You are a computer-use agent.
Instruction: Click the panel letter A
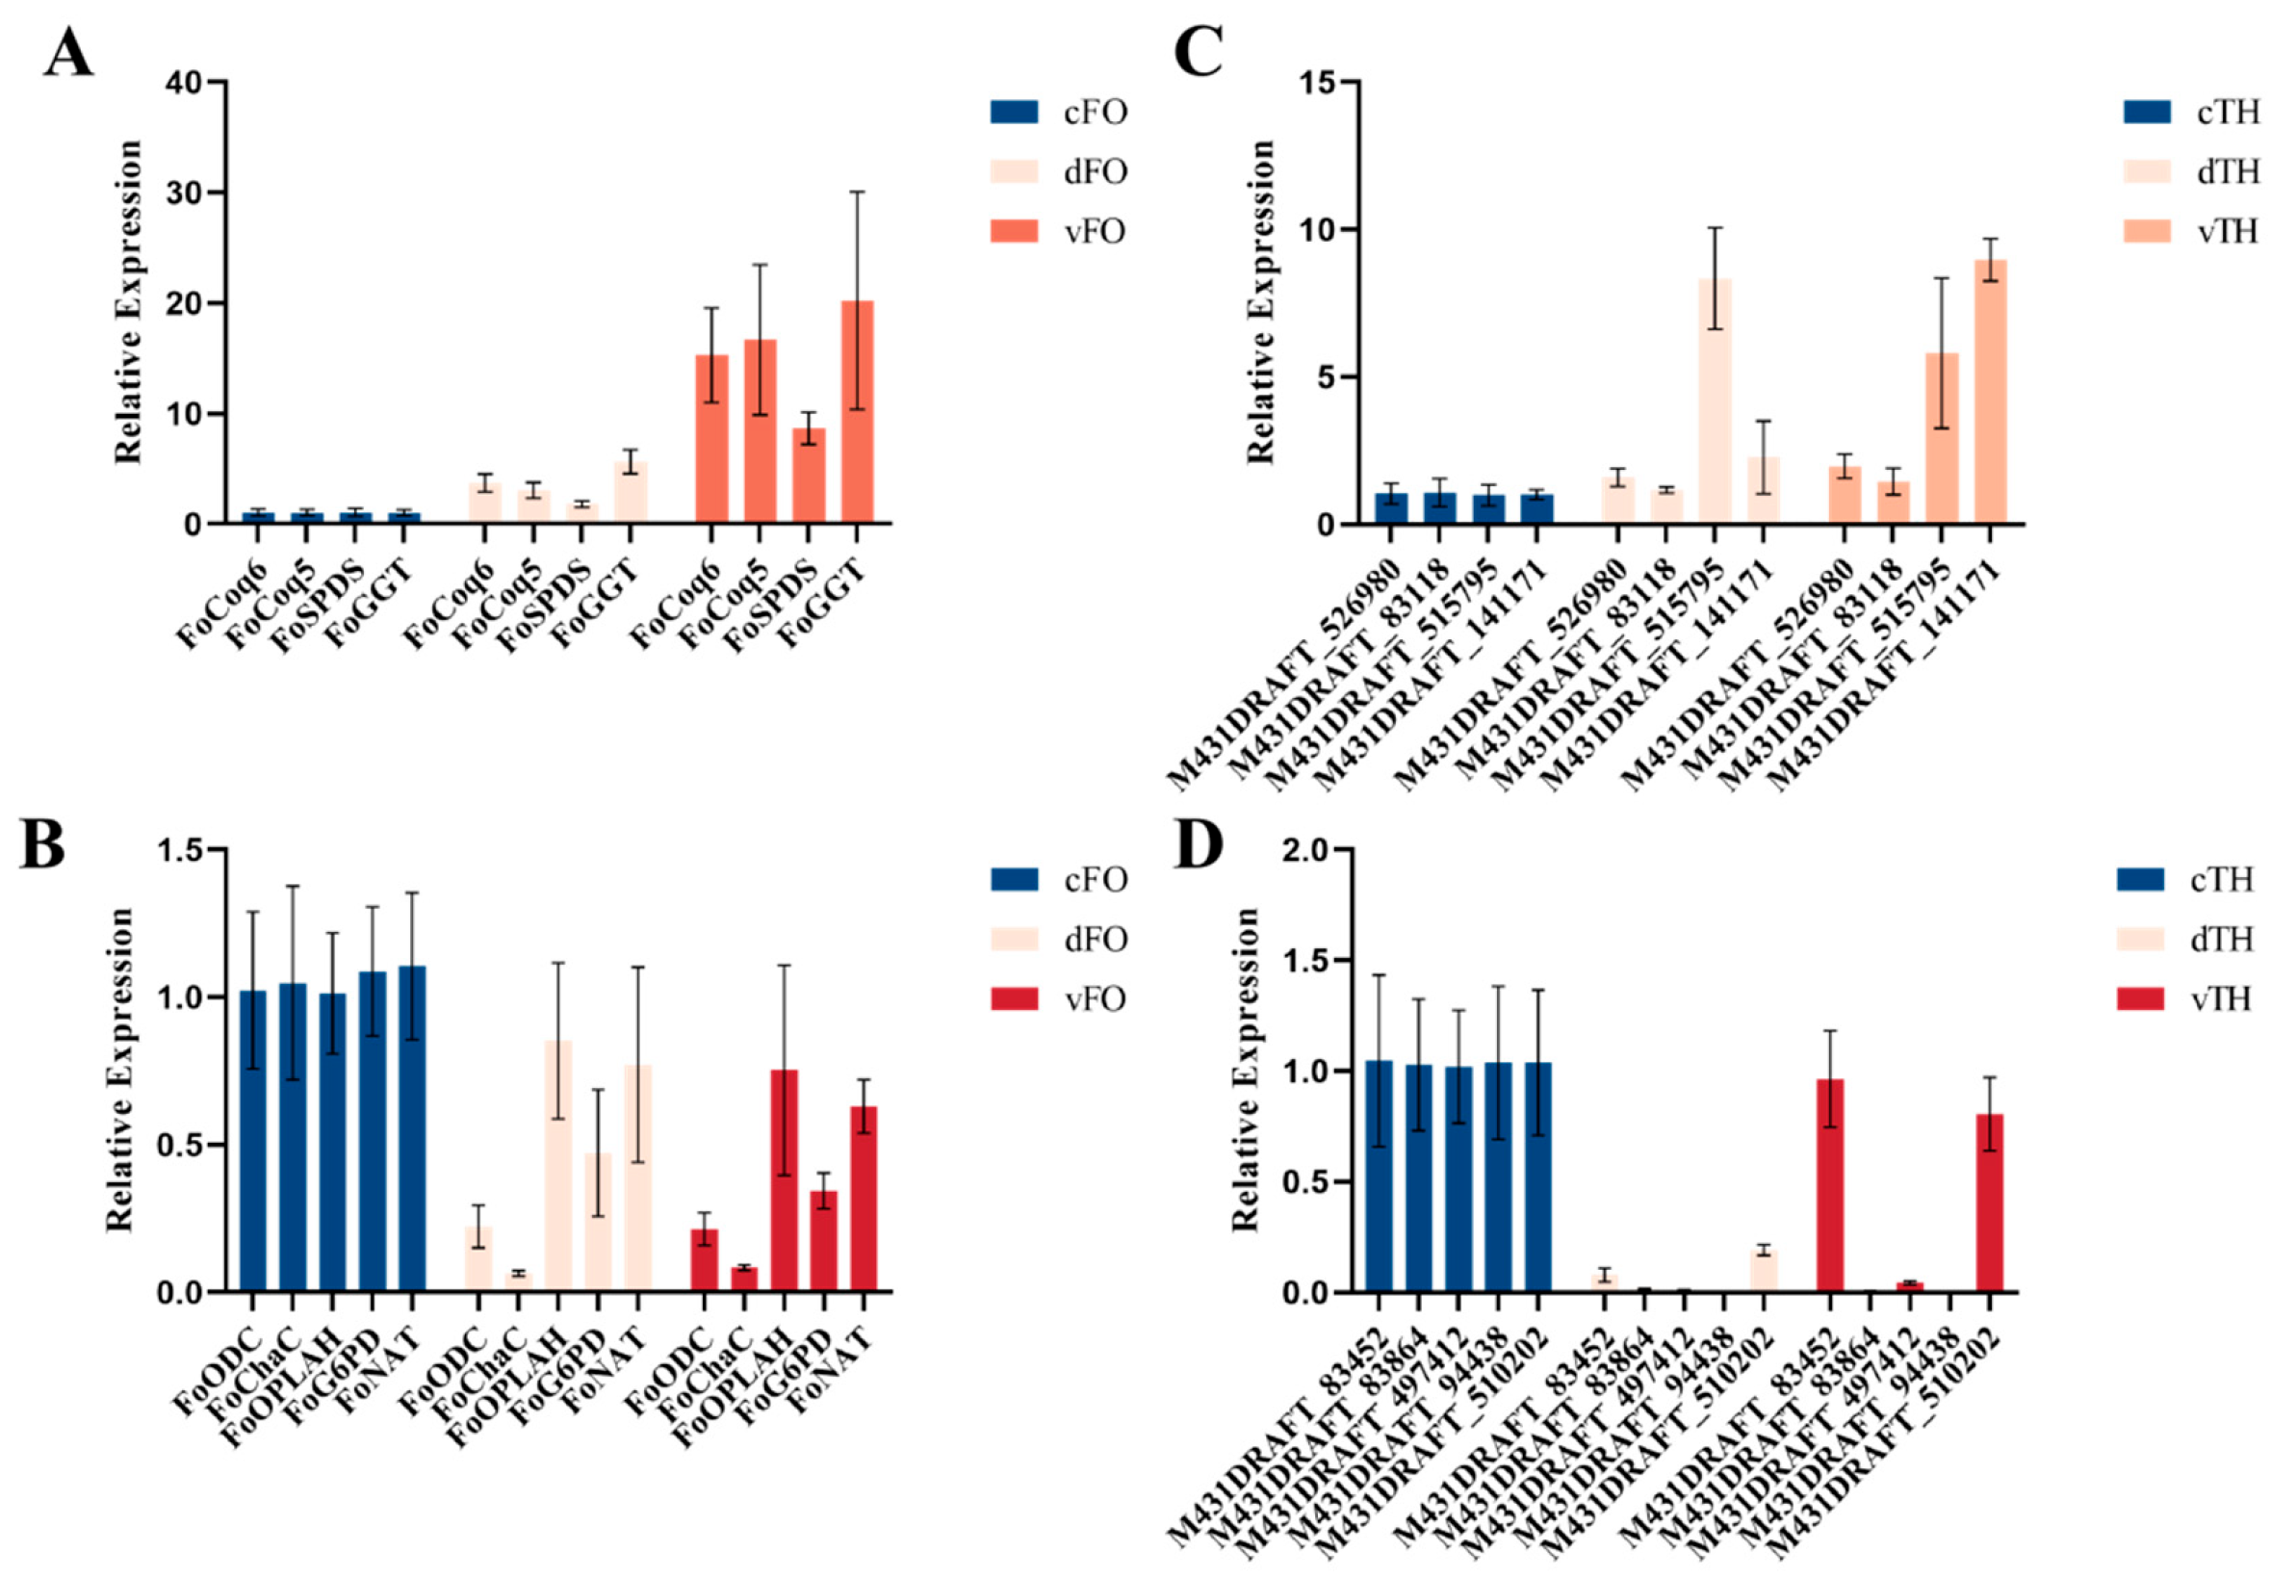tap(69, 54)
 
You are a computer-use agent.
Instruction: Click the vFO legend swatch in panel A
tap(1015, 231)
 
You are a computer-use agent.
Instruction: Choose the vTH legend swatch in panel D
tap(2141, 998)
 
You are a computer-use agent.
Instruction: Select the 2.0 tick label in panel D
tap(1310, 849)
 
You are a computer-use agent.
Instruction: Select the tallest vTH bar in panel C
tap(1990, 392)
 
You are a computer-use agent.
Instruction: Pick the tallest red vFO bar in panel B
tap(784, 1180)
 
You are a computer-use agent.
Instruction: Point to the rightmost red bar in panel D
tap(1989, 1203)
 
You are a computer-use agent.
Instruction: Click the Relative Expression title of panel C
tap(1261, 302)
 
